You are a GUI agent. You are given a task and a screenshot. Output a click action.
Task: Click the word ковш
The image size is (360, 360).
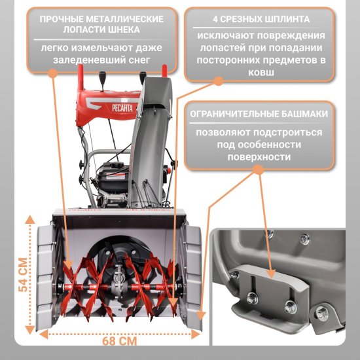point(261,73)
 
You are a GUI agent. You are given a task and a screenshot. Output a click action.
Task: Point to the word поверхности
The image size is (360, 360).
point(259,158)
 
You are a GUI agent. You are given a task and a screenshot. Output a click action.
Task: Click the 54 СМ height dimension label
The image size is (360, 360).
point(24,275)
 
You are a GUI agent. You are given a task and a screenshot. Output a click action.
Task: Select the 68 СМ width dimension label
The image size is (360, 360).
point(119,341)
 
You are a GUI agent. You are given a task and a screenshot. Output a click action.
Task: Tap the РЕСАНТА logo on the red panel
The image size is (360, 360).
point(122,108)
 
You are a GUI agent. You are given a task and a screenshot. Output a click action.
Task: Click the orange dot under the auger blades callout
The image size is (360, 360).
point(52,73)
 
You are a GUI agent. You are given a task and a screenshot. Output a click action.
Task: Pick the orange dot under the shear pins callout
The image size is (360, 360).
point(219,81)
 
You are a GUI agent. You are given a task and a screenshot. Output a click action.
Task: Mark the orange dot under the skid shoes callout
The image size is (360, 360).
point(259,170)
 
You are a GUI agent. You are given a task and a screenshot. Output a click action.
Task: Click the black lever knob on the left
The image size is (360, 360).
point(102,76)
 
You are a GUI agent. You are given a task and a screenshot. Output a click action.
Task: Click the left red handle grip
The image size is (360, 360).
point(81,76)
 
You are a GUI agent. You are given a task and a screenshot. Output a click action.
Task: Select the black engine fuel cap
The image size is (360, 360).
point(116,165)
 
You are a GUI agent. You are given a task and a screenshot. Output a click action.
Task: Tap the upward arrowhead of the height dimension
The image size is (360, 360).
point(30,220)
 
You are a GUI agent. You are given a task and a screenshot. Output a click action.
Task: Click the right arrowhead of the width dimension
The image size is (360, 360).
point(196,334)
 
